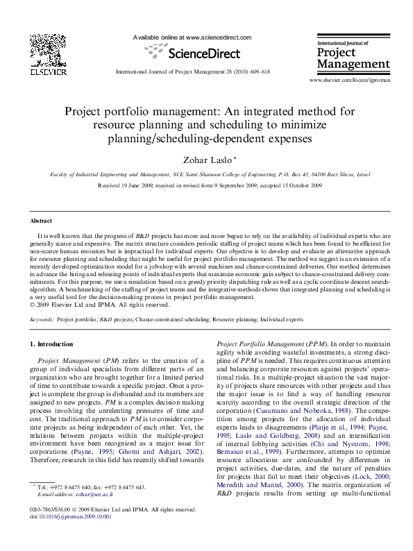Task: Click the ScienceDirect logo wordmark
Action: click(192, 53)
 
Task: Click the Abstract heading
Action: click(40, 221)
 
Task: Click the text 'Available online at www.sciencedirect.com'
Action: click(192, 37)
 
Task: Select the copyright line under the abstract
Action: click(100, 304)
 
